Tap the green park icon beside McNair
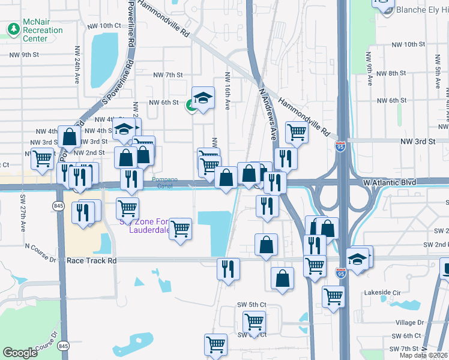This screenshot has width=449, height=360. pos(13,29)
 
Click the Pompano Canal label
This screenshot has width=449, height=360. pos(164,183)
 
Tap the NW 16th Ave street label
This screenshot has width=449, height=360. pos(228,91)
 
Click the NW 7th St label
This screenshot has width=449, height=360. pos(167,75)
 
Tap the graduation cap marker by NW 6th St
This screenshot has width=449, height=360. pos(203,97)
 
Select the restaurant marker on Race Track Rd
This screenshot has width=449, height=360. pos(228,268)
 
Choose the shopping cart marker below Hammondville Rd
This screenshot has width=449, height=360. pos(297,131)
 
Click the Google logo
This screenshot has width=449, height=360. pos(20,353)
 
